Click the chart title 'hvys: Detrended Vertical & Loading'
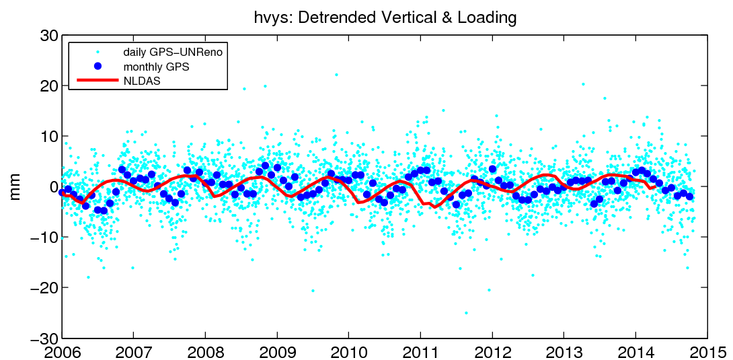click(x=385, y=17)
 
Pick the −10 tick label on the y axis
click(x=41, y=237)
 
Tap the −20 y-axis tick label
click(x=41, y=287)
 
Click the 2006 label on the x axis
click(x=62, y=351)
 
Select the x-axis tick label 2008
click(x=205, y=351)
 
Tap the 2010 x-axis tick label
click(x=348, y=351)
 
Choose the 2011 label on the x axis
click(x=420, y=351)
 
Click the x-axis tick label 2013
click(x=564, y=351)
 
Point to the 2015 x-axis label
click(x=707, y=351)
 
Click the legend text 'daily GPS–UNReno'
click(x=172, y=52)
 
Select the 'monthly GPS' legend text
click(x=156, y=67)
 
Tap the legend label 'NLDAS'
click(x=141, y=81)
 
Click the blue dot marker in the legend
click(x=97, y=66)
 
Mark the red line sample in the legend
click(x=97, y=81)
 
